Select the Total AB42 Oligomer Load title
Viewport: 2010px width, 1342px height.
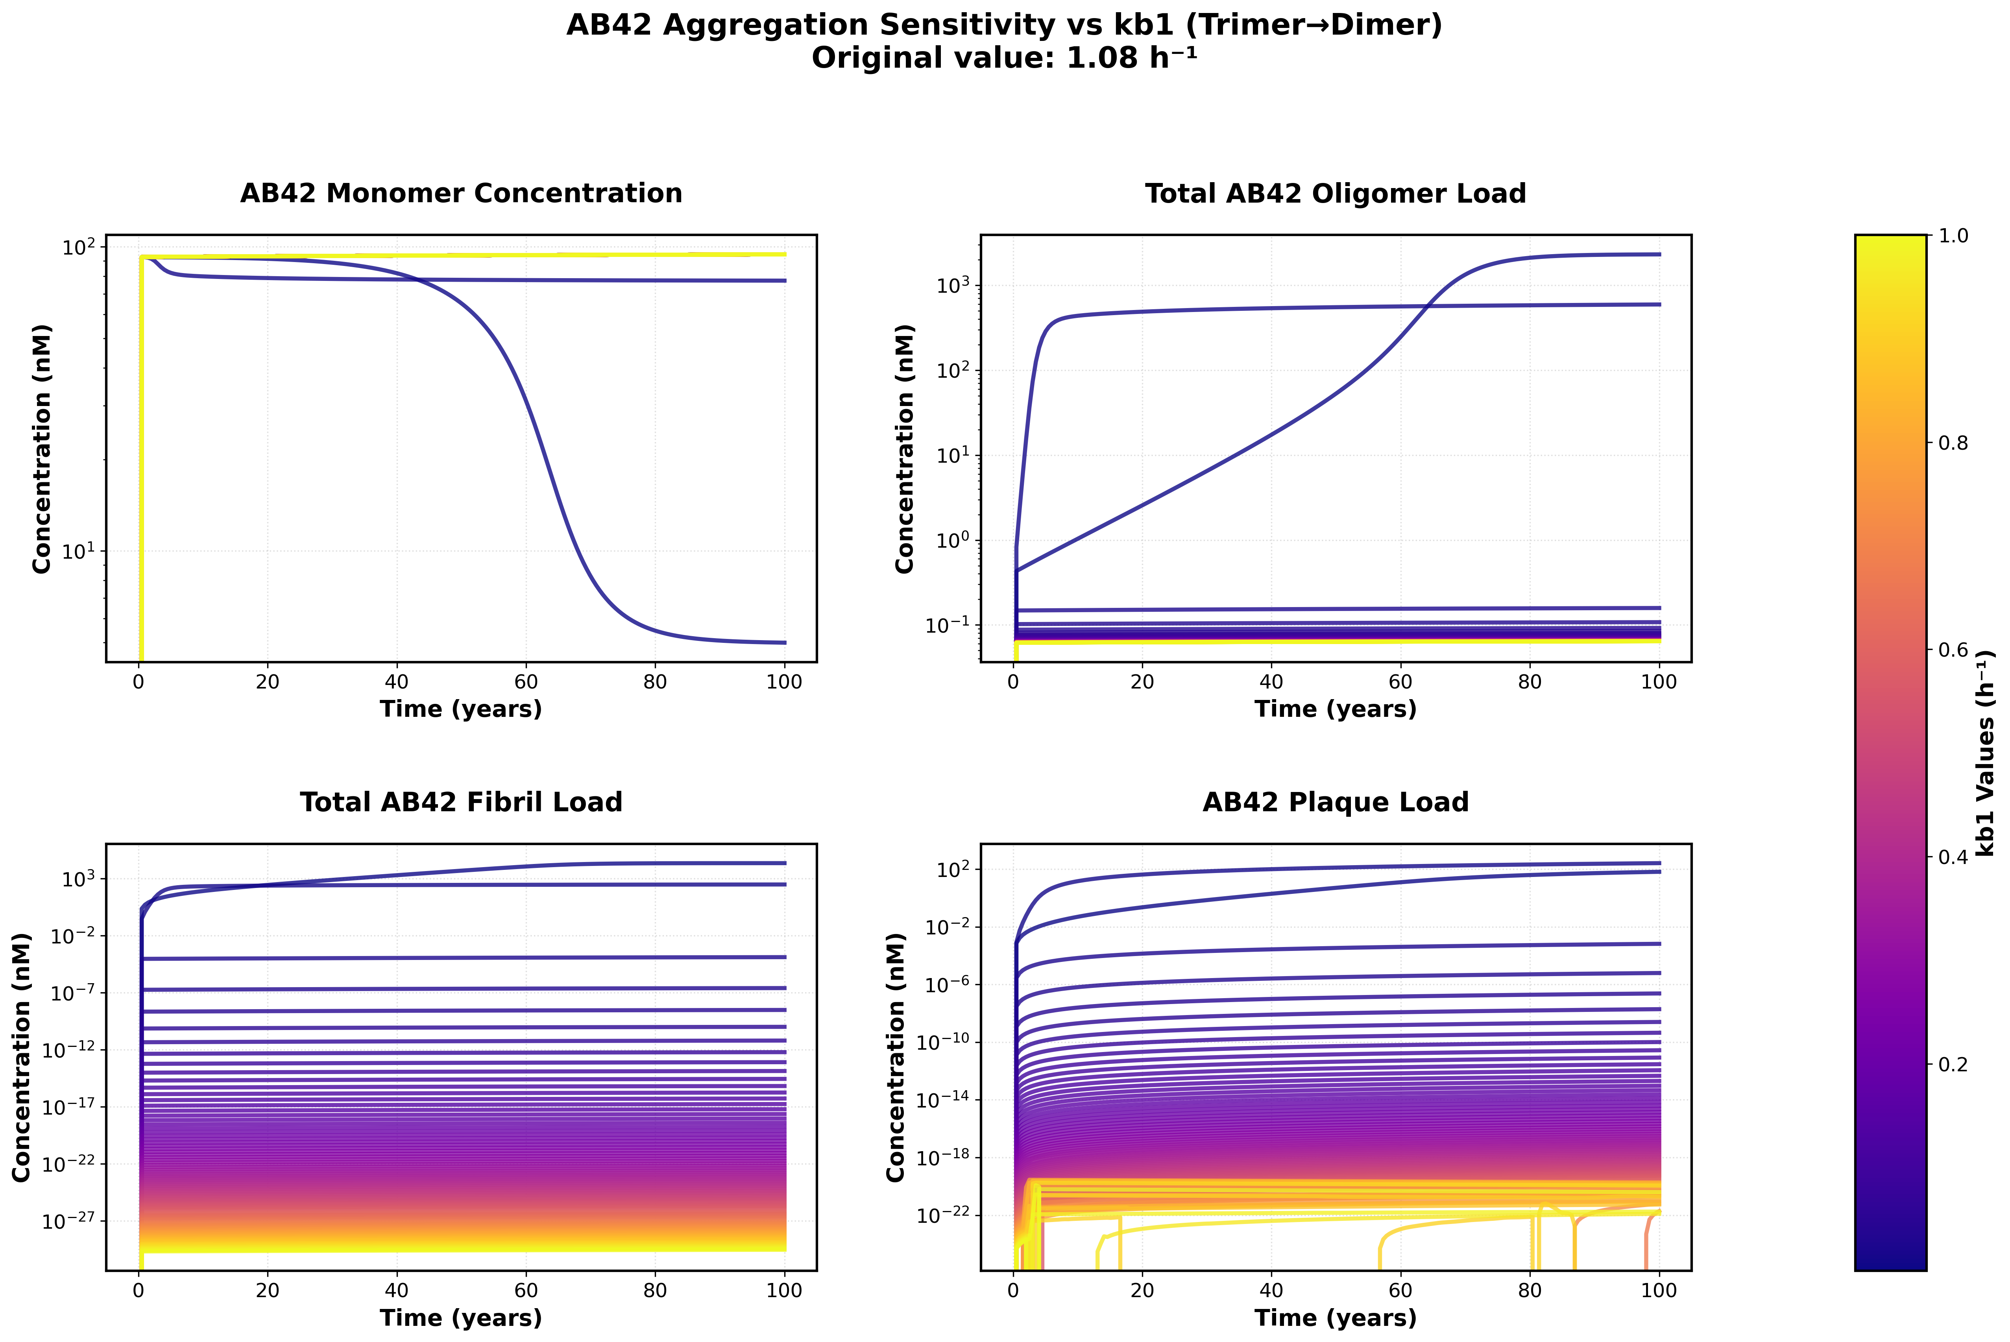click(1336, 194)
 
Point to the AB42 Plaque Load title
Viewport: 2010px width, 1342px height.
click(1336, 802)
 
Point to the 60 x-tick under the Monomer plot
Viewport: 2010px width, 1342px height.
click(526, 682)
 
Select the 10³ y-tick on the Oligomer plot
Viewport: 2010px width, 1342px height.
click(953, 286)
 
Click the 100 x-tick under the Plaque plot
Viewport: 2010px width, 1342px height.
click(1659, 1290)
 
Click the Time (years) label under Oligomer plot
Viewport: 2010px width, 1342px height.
click(1336, 709)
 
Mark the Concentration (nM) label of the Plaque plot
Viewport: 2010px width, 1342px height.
click(896, 1057)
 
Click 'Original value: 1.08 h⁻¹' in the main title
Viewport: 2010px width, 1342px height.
click(1004, 58)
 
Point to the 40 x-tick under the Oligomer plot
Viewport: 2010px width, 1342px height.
click(1271, 682)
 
